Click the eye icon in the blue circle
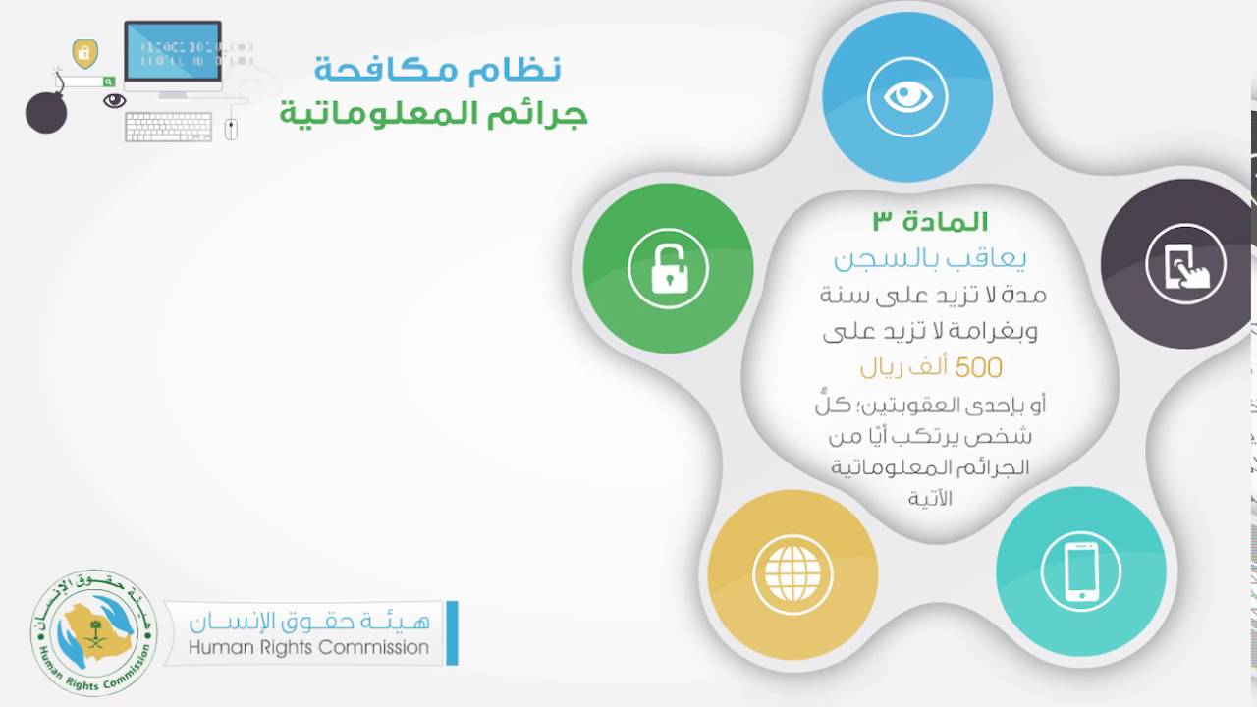[907, 96]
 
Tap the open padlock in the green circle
[670, 269]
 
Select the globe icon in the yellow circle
[792, 574]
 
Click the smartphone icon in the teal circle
[1081, 571]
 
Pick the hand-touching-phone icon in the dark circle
[1186, 265]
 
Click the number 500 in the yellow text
[978, 368]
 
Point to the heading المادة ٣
[930, 222]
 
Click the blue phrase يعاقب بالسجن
[930, 259]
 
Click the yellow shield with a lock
[85, 54]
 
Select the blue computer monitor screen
[173, 52]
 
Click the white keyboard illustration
[168, 127]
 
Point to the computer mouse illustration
[231, 129]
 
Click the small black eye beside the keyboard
[115, 101]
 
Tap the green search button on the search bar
[108, 82]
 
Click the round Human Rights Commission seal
[93, 633]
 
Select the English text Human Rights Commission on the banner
[308, 647]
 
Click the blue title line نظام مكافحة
[437, 70]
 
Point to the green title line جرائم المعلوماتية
[434, 114]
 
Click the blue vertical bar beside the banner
[453, 633]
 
